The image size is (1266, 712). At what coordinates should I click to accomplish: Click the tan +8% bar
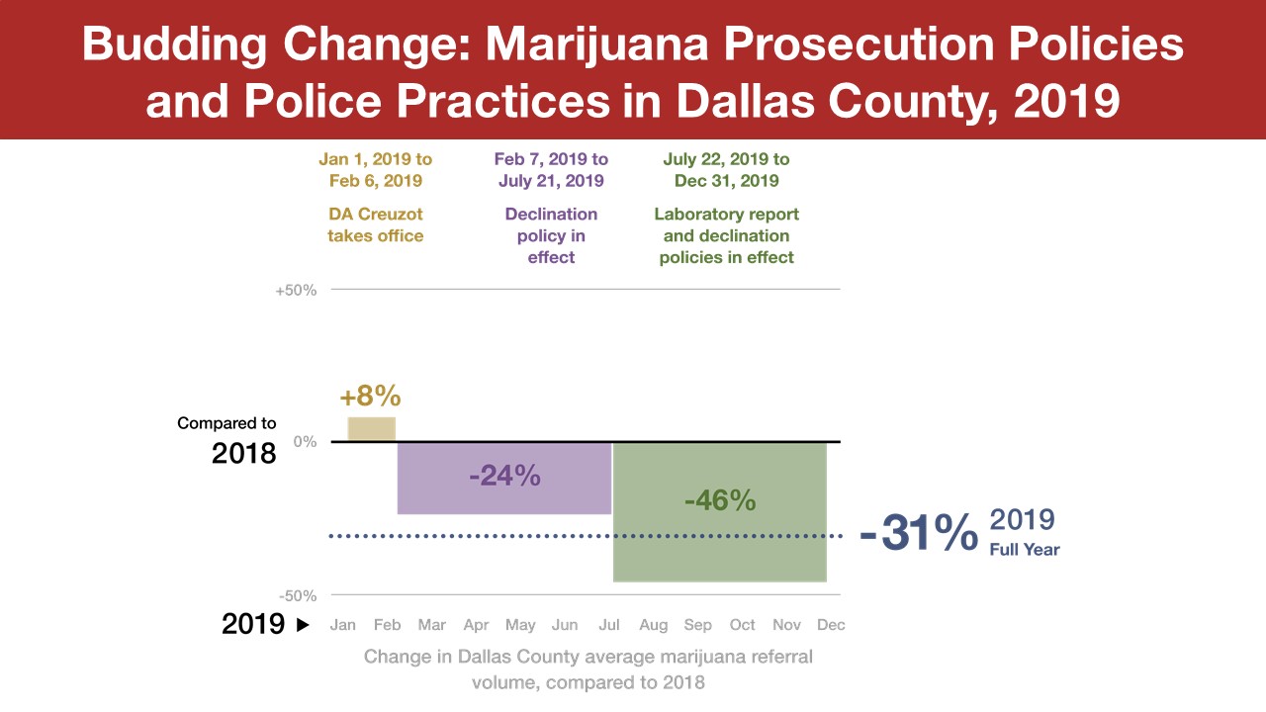coord(372,429)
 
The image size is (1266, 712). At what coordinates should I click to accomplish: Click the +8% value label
coord(370,397)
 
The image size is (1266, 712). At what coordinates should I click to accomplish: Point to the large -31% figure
coord(918,534)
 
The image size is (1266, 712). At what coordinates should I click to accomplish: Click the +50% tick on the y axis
coord(296,290)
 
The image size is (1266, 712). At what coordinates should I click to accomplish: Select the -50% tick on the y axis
coord(297,595)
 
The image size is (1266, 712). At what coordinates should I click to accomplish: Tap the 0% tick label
coord(305,442)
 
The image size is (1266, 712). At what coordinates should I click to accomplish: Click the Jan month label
coord(342,625)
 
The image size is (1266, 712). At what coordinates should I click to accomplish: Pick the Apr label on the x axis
coord(476,625)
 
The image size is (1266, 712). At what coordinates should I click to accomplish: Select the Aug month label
coord(654,625)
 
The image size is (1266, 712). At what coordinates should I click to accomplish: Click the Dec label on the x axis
coord(831,625)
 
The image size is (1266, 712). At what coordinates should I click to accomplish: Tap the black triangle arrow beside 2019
coord(303,625)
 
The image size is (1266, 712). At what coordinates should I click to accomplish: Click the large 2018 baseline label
coord(243,453)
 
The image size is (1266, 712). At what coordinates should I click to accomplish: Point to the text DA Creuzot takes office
coord(376,225)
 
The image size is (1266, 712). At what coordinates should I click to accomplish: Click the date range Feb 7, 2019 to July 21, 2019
coord(551,170)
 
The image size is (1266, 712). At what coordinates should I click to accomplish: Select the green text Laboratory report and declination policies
coord(727,235)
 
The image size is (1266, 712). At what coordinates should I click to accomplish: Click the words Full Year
coord(1025,549)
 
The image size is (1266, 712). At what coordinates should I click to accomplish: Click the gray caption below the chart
coord(588,669)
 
